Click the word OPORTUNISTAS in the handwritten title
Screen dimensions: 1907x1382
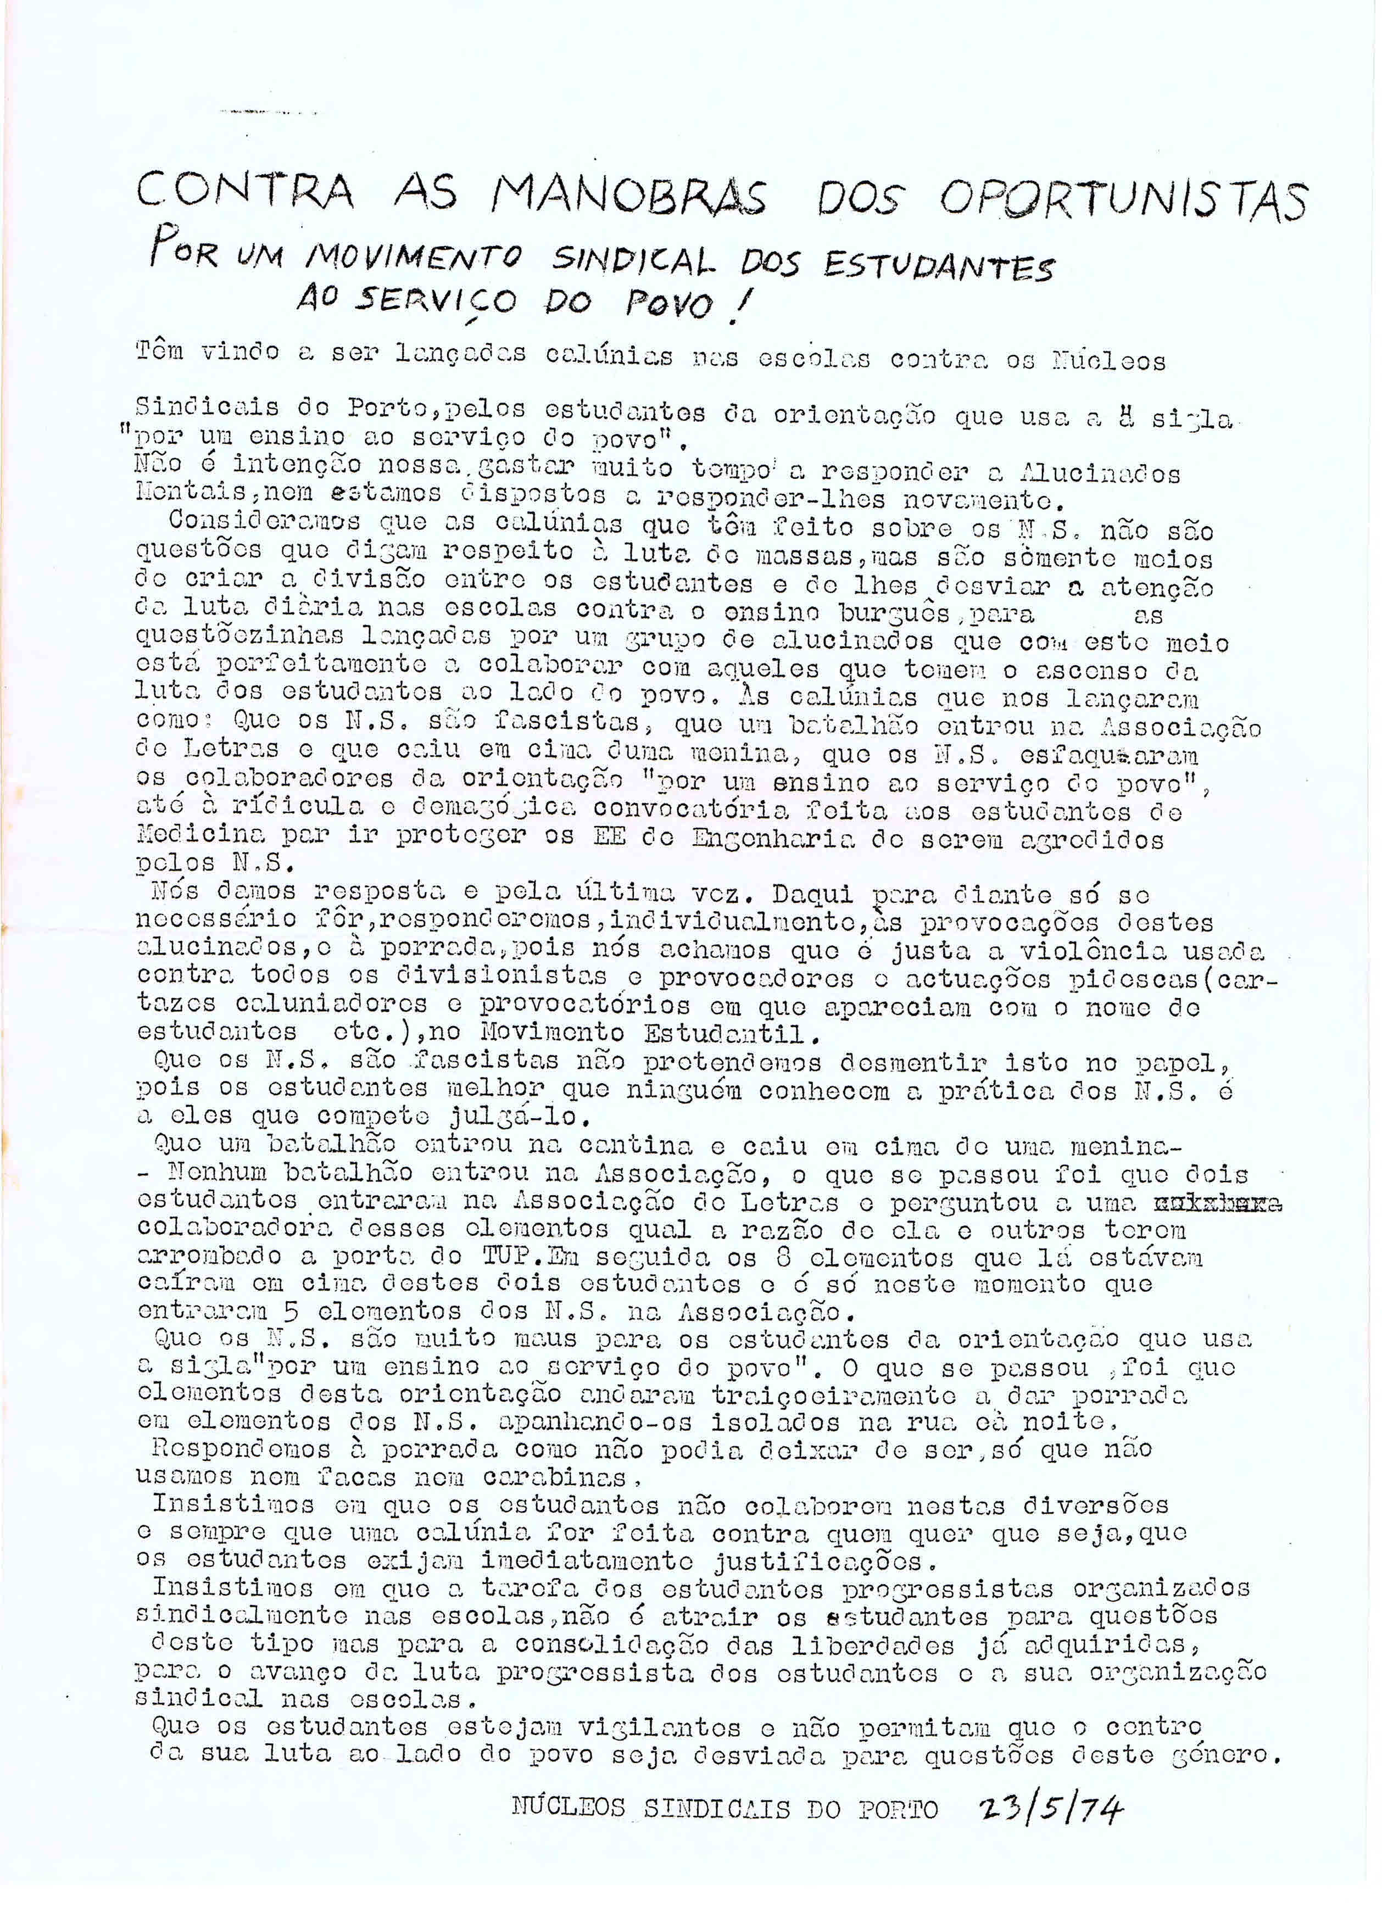tap(1122, 199)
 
